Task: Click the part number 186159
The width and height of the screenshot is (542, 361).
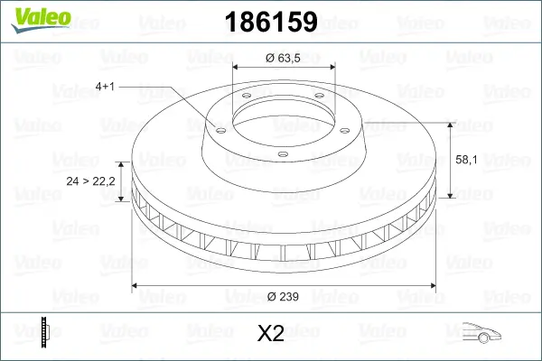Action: click(x=264, y=23)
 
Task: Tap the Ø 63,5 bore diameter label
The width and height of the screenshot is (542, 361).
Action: click(x=283, y=57)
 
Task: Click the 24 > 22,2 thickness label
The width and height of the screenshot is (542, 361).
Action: click(x=91, y=181)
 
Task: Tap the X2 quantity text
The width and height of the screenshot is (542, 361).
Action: click(x=271, y=334)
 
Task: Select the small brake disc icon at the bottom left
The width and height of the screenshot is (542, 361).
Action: click(x=43, y=331)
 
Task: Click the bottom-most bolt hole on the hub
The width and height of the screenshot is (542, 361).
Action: click(x=282, y=154)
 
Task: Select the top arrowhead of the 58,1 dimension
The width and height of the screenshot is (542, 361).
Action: click(x=451, y=123)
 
